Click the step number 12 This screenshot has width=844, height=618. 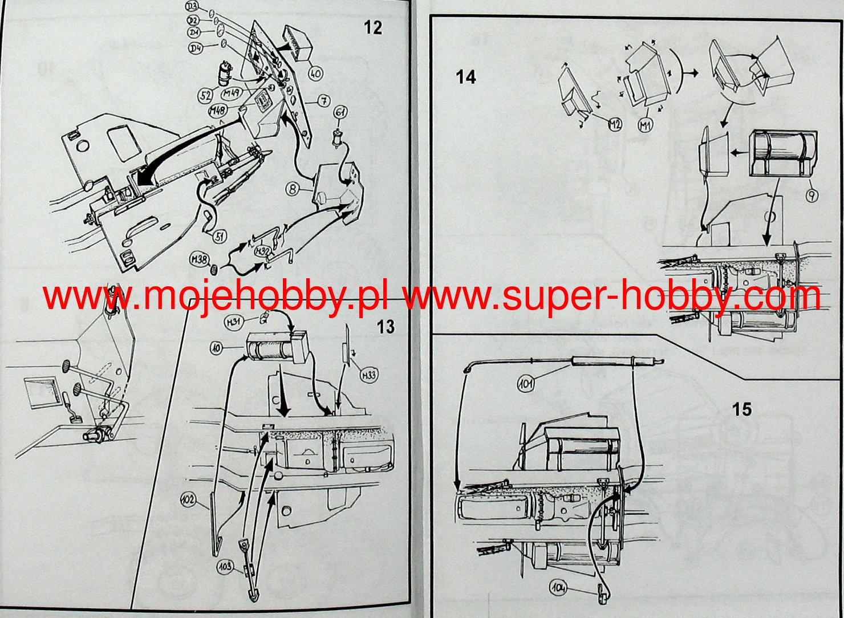pos(372,27)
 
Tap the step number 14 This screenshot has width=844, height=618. pos(466,76)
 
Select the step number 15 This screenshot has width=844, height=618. pos(742,409)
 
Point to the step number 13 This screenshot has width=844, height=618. pos(386,327)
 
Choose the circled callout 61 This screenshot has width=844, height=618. pos(340,112)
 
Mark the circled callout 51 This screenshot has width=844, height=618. pos(218,236)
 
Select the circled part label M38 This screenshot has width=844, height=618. pos(198,261)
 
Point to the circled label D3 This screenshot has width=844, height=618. pos(192,7)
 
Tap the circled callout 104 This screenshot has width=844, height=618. pos(559,586)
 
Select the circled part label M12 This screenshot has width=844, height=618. pos(614,124)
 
